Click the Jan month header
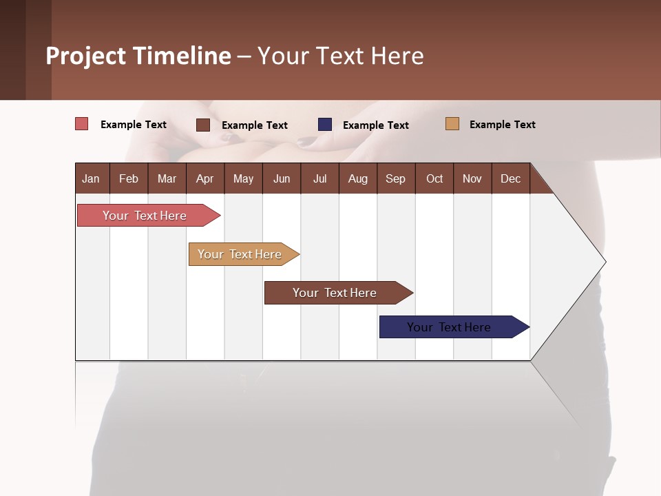(x=91, y=178)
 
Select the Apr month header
(x=204, y=178)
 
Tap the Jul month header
(x=319, y=178)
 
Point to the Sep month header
(x=395, y=178)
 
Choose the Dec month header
(x=510, y=178)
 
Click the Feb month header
(x=129, y=178)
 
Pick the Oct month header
(x=434, y=178)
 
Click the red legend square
(x=81, y=124)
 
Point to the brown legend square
(x=203, y=125)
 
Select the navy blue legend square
(x=325, y=125)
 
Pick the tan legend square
(x=452, y=124)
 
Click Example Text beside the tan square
(x=502, y=125)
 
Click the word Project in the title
(x=85, y=56)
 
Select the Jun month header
(x=282, y=178)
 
